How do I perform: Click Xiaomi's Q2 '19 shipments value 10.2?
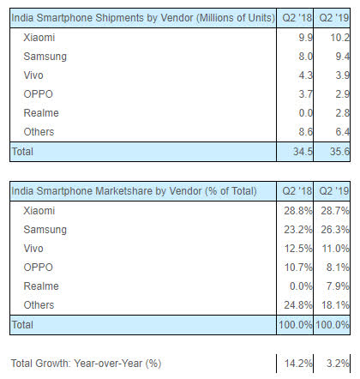[339, 37]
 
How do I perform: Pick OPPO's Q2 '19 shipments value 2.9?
[341, 93]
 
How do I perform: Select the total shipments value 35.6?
[339, 151]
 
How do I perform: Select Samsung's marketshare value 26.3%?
[334, 231]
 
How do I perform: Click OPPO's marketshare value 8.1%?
[337, 268]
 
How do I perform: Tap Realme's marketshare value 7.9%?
[337, 287]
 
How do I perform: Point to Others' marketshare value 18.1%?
[334, 306]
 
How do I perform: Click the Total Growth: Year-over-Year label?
[87, 363]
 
